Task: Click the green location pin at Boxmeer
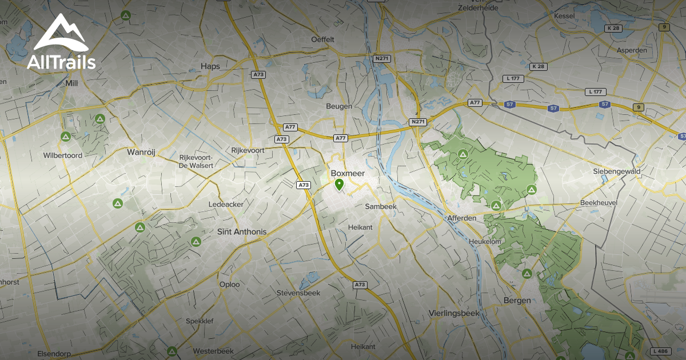(339, 185)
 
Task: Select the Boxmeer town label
(348, 173)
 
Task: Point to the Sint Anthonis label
(242, 231)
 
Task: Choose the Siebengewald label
(616, 171)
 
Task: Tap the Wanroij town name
(141, 152)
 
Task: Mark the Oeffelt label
(322, 39)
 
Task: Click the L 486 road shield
(660, 350)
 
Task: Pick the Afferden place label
(461, 218)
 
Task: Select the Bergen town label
(517, 300)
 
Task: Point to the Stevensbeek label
(298, 293)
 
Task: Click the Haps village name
(210, 66)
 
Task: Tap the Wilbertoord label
(62, 155)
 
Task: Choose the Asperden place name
(632, 50)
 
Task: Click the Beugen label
(339, 106)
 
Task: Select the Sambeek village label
(381, 206)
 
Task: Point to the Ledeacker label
(226, 204)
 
